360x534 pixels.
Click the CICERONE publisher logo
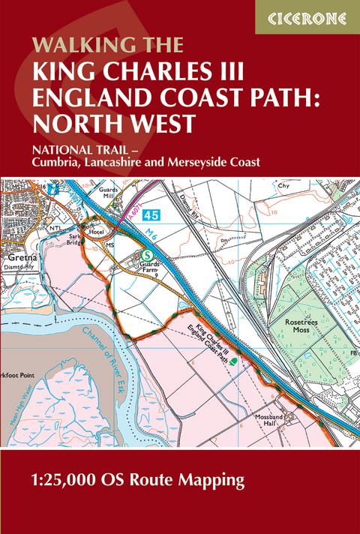(307, 16)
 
